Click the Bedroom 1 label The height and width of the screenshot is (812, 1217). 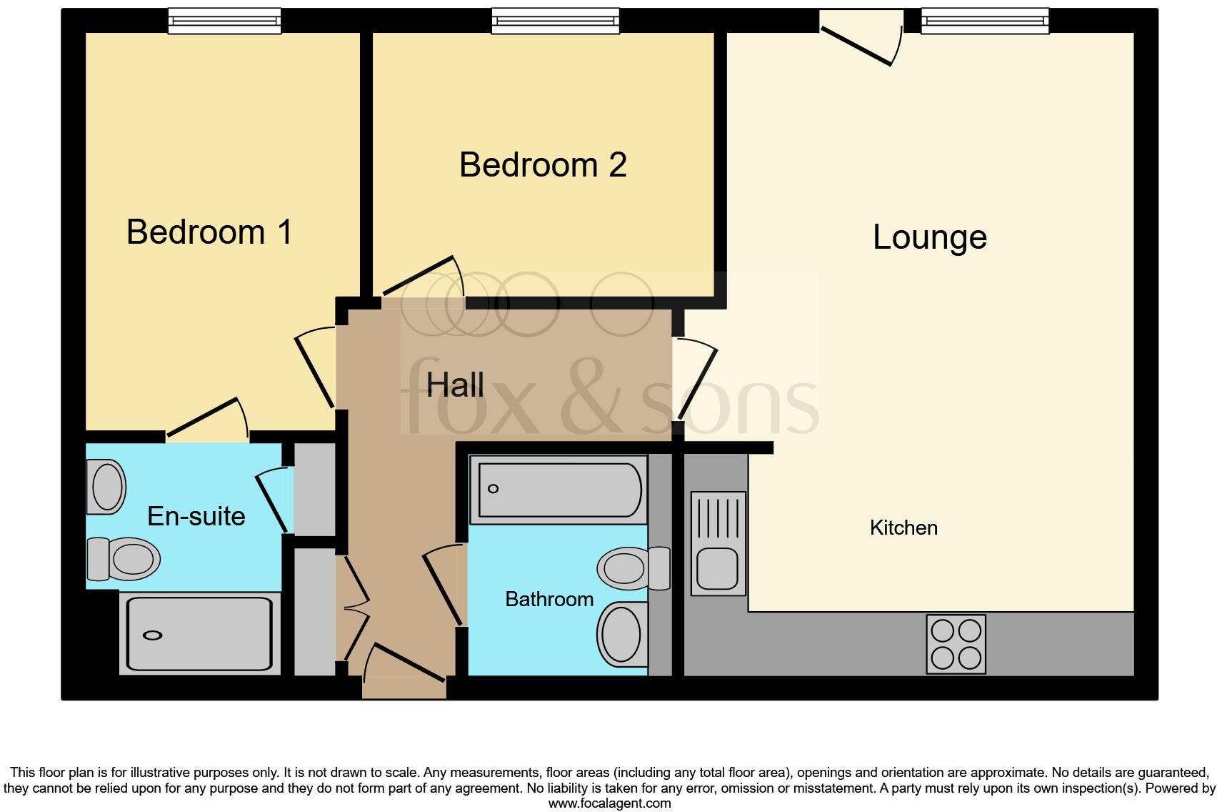[x=209, y=232]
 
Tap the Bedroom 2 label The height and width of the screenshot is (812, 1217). [x=543, y=165]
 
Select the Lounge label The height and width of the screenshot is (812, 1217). [x=929, y=237]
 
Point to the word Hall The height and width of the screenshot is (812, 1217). [x=455, y=385]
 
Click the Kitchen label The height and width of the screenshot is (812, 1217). [x=903, y=528]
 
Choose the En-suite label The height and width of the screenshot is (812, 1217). [x=196, y=516]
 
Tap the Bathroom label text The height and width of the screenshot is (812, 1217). [x=549, y=599]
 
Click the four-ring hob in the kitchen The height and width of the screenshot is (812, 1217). [x=956, y=644]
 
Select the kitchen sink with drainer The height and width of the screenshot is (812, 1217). [x=718, y=544]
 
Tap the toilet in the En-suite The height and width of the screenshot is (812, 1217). [x=123, y=558]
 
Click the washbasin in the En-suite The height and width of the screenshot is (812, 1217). [x=106, y=487]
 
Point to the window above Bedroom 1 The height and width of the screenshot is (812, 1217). [x=224, y=21]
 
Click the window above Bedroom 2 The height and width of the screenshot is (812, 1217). [x=555, y=21]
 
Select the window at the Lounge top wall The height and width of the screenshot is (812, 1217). [x=985, y=21]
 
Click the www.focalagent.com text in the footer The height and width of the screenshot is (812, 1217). [x=608, y=803]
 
